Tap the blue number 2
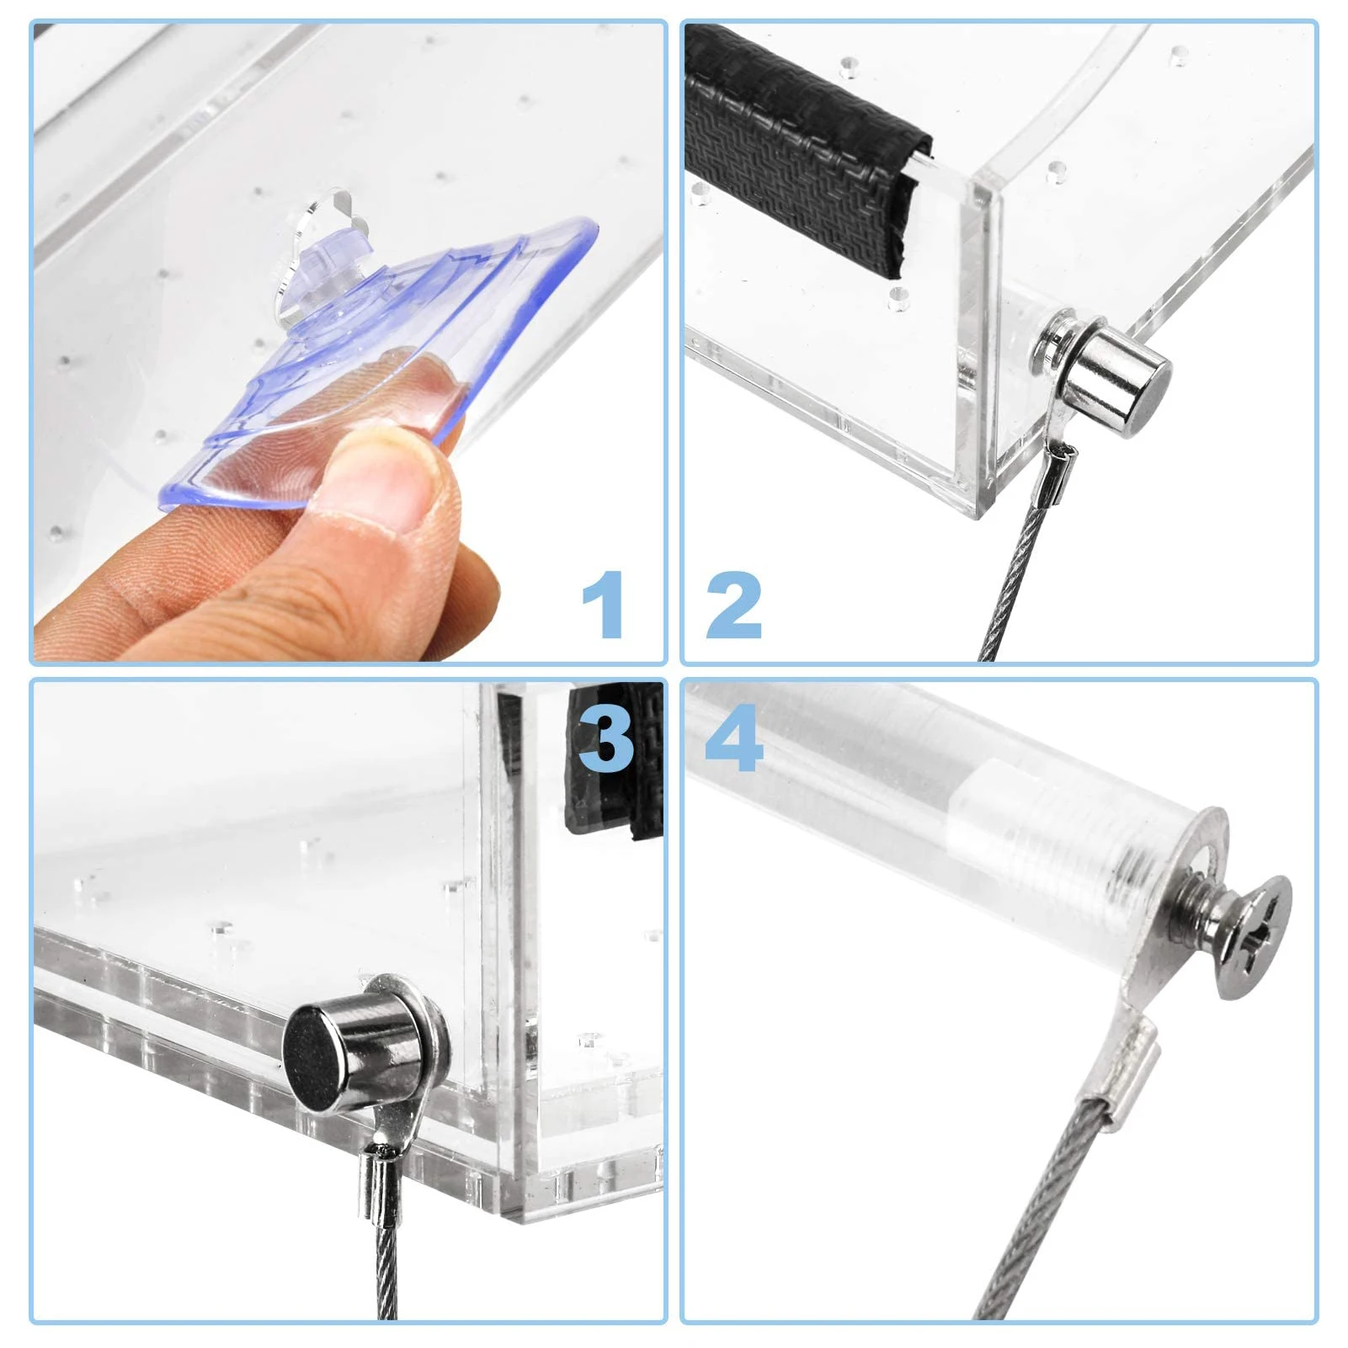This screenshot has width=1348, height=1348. (x=733, y=604)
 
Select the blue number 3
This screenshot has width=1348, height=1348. (x=605, y=738)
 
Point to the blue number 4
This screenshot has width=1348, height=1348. (x=733, y=738)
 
